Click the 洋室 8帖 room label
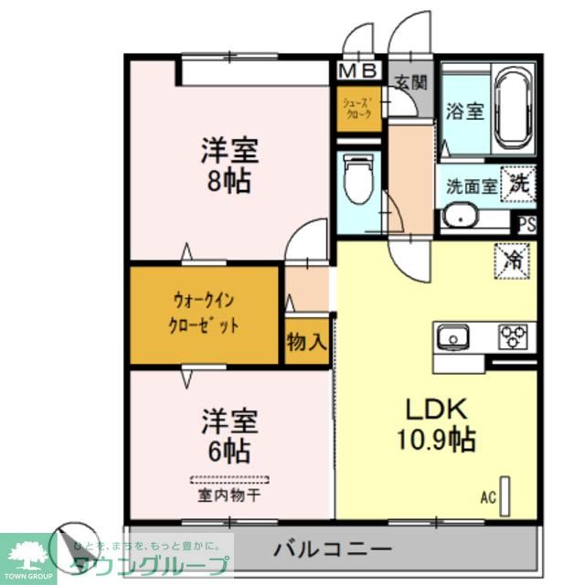(x=229, y=165)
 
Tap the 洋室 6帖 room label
(x=229, y=436)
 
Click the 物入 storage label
(x=306, y=343)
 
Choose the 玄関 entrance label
(x=410, y=80)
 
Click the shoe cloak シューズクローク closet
(x=356, y=110)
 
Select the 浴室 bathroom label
(x=464, y=112)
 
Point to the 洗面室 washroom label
(x=471, y=186)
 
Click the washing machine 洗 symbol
(x=518, y=184)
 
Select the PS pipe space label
(x=526, y=223)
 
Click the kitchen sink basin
(x=452, y=337)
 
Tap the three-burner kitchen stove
(x=514, y=336)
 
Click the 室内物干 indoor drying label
(x=229, y=496)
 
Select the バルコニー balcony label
(x=334, y=551)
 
